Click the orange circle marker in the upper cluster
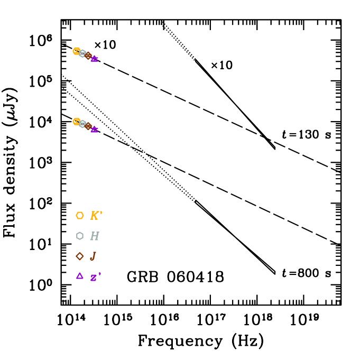tap(77, 51)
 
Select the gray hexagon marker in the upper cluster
tap(82, 53)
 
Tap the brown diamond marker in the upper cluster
tap(88, 56)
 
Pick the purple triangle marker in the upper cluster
tap(94, 59)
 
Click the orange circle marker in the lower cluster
tap(77, 122)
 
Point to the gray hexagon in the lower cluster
tap(82, 124)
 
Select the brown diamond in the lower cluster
tap(88, 126)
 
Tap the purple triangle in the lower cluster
tap(94, 129)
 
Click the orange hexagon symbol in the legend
tap(80, 216)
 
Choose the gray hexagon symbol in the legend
tap(80, 236)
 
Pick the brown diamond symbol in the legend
tap(80, 256)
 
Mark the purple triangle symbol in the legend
tap(80, 276)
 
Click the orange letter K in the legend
tap(95, 216)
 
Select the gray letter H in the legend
tap(95, 236)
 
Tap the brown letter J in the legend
tap(93, 256)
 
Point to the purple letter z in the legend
tap(94, 278)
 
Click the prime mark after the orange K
tap(101, 213)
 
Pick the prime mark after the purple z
tap(99, 274)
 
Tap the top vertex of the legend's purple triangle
tap(80, 272)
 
